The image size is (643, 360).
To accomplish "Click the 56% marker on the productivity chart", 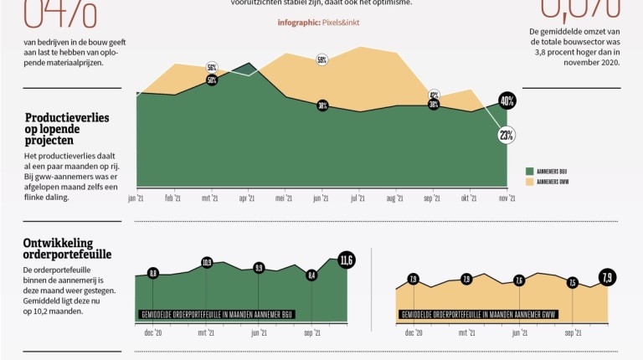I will [212, 67].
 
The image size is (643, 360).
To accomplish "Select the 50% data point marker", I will [212, 80].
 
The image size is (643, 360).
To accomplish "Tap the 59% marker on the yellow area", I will [321, 59].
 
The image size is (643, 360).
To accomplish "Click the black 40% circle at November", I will [507, 101].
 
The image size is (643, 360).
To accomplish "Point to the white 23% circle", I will [507, 133].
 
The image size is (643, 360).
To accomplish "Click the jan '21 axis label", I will [136, 198].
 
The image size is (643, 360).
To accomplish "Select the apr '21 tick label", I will [247, 198].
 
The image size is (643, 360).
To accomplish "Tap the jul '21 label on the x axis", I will [358, 198].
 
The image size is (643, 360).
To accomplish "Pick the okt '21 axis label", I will [469, 198].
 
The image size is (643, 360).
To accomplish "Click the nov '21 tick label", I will [507, 198].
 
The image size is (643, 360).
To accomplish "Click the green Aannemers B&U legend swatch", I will [529, 170].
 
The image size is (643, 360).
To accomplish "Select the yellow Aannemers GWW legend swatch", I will [529, 181].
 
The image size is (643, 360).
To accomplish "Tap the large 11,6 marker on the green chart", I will [347, 260].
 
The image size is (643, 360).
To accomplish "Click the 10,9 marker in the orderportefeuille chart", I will [207, 263].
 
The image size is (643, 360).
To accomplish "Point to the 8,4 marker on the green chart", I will [311, 275].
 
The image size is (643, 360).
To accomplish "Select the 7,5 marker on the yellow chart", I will [573, 282].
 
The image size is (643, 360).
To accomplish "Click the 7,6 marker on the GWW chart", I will [519, 280].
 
